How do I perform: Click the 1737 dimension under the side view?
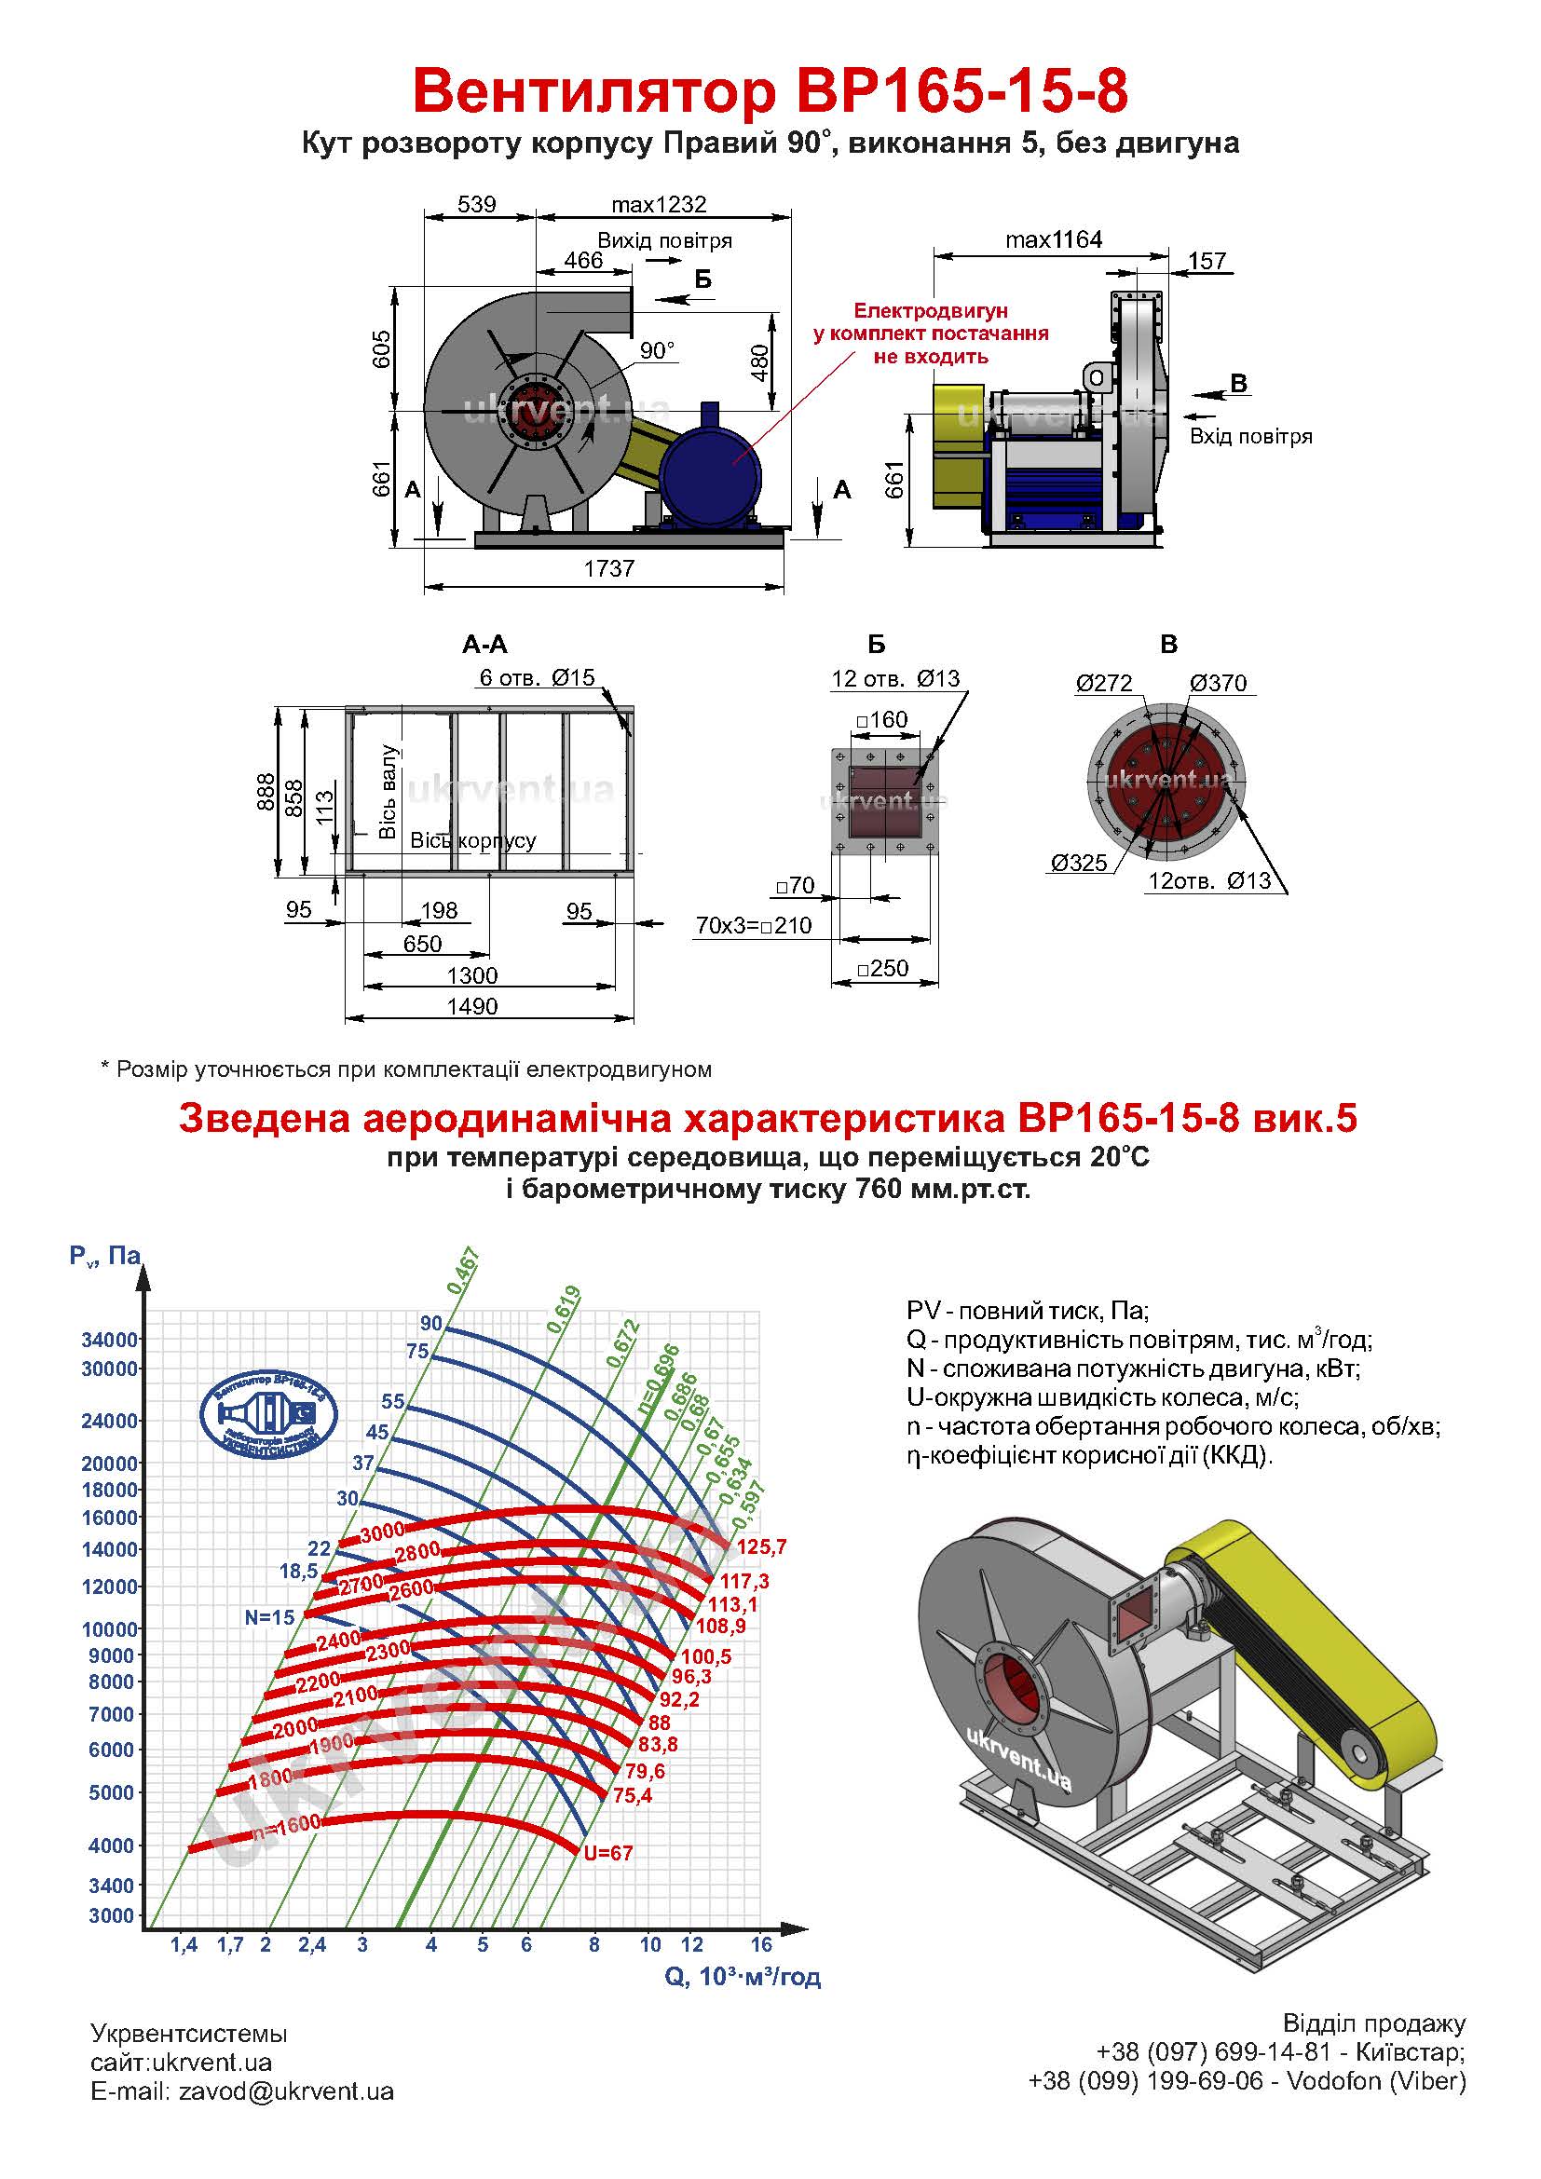pos(608,568)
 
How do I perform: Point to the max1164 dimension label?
pos(1054,240)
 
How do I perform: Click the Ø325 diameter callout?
pos(1079,863)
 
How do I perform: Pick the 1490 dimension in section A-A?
pos(471,1006)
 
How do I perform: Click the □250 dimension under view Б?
pos(882,969)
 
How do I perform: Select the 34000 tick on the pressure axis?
pos(110,1340)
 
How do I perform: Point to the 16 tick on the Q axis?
pos(761,1944)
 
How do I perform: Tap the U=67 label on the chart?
pos(608,1853)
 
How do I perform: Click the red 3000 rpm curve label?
pos(382,1531)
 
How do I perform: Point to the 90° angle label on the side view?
pos(657,351)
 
